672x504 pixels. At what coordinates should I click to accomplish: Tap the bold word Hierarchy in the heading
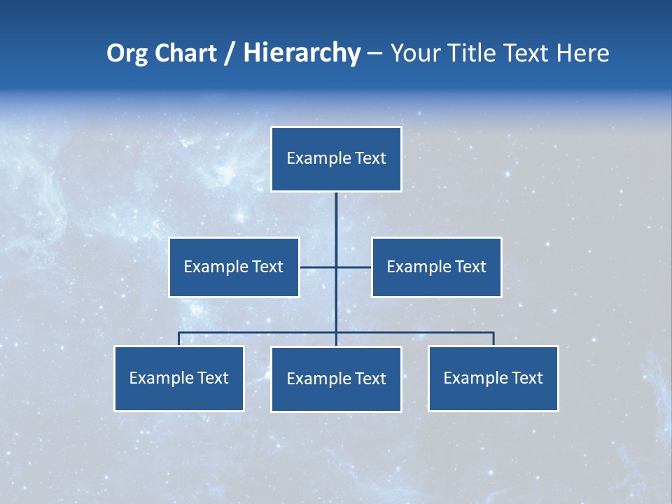[x=302, y=53]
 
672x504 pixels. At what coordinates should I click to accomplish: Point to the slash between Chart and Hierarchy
[x=230, y=53]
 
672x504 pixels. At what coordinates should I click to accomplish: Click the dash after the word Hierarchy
[x=374, y=53]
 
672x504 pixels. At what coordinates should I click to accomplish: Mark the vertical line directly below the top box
[x=336, y=224]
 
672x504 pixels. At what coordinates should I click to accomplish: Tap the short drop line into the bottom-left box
[x=179, y=339]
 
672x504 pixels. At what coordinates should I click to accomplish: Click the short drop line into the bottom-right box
[x=493, y=339]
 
